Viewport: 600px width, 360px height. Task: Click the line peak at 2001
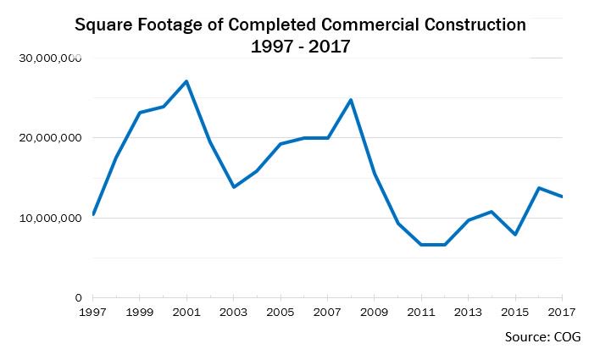(x=186, y=81)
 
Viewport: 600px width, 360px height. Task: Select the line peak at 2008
(x=351, y=100)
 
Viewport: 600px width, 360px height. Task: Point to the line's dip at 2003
(x=234, y=186)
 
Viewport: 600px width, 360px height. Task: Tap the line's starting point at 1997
(x=93, y=214)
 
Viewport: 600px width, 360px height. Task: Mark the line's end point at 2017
(x=562, y=197)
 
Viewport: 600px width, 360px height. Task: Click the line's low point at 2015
(x=514, y=234)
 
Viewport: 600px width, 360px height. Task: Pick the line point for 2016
(x=538, y=188)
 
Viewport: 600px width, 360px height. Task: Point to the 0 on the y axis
(x=77, y=297)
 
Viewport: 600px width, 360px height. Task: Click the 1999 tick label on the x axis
(x=140, y=312)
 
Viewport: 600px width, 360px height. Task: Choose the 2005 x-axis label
(x=281, y=312)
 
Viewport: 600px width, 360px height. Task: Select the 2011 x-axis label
(x=421, y=312)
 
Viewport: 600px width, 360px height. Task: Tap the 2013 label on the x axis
(x=468, y=312)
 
